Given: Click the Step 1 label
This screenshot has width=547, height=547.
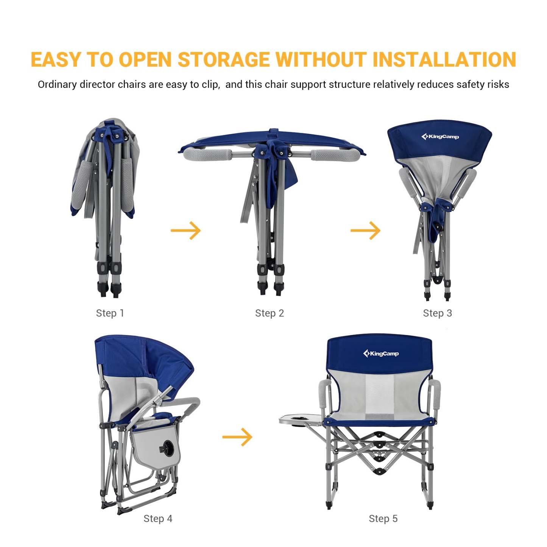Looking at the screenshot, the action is pos(110,313).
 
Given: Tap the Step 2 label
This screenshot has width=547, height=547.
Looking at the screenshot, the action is pos(270,313).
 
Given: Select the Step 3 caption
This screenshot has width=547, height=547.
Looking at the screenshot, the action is pos(437,313).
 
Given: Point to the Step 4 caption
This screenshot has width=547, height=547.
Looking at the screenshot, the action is pos(158,519).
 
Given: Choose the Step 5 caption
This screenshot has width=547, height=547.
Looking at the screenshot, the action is pos(383,519).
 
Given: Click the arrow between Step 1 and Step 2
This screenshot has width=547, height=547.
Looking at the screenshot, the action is pos(185,230).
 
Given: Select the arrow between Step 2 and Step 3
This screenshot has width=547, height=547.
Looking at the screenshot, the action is pos(365,230).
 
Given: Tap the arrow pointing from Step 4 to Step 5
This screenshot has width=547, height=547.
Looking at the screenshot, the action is pos(237,437).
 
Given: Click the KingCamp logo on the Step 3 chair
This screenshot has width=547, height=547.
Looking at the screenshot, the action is pos(440,137).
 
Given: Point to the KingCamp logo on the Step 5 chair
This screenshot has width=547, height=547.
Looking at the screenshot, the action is pos(381,354).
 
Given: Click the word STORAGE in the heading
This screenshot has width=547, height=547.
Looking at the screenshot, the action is pos(224,59).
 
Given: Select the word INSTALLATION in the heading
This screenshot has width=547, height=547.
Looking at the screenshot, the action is pos(444,59).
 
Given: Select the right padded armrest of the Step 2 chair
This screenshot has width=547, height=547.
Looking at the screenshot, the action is pos(335,155).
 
